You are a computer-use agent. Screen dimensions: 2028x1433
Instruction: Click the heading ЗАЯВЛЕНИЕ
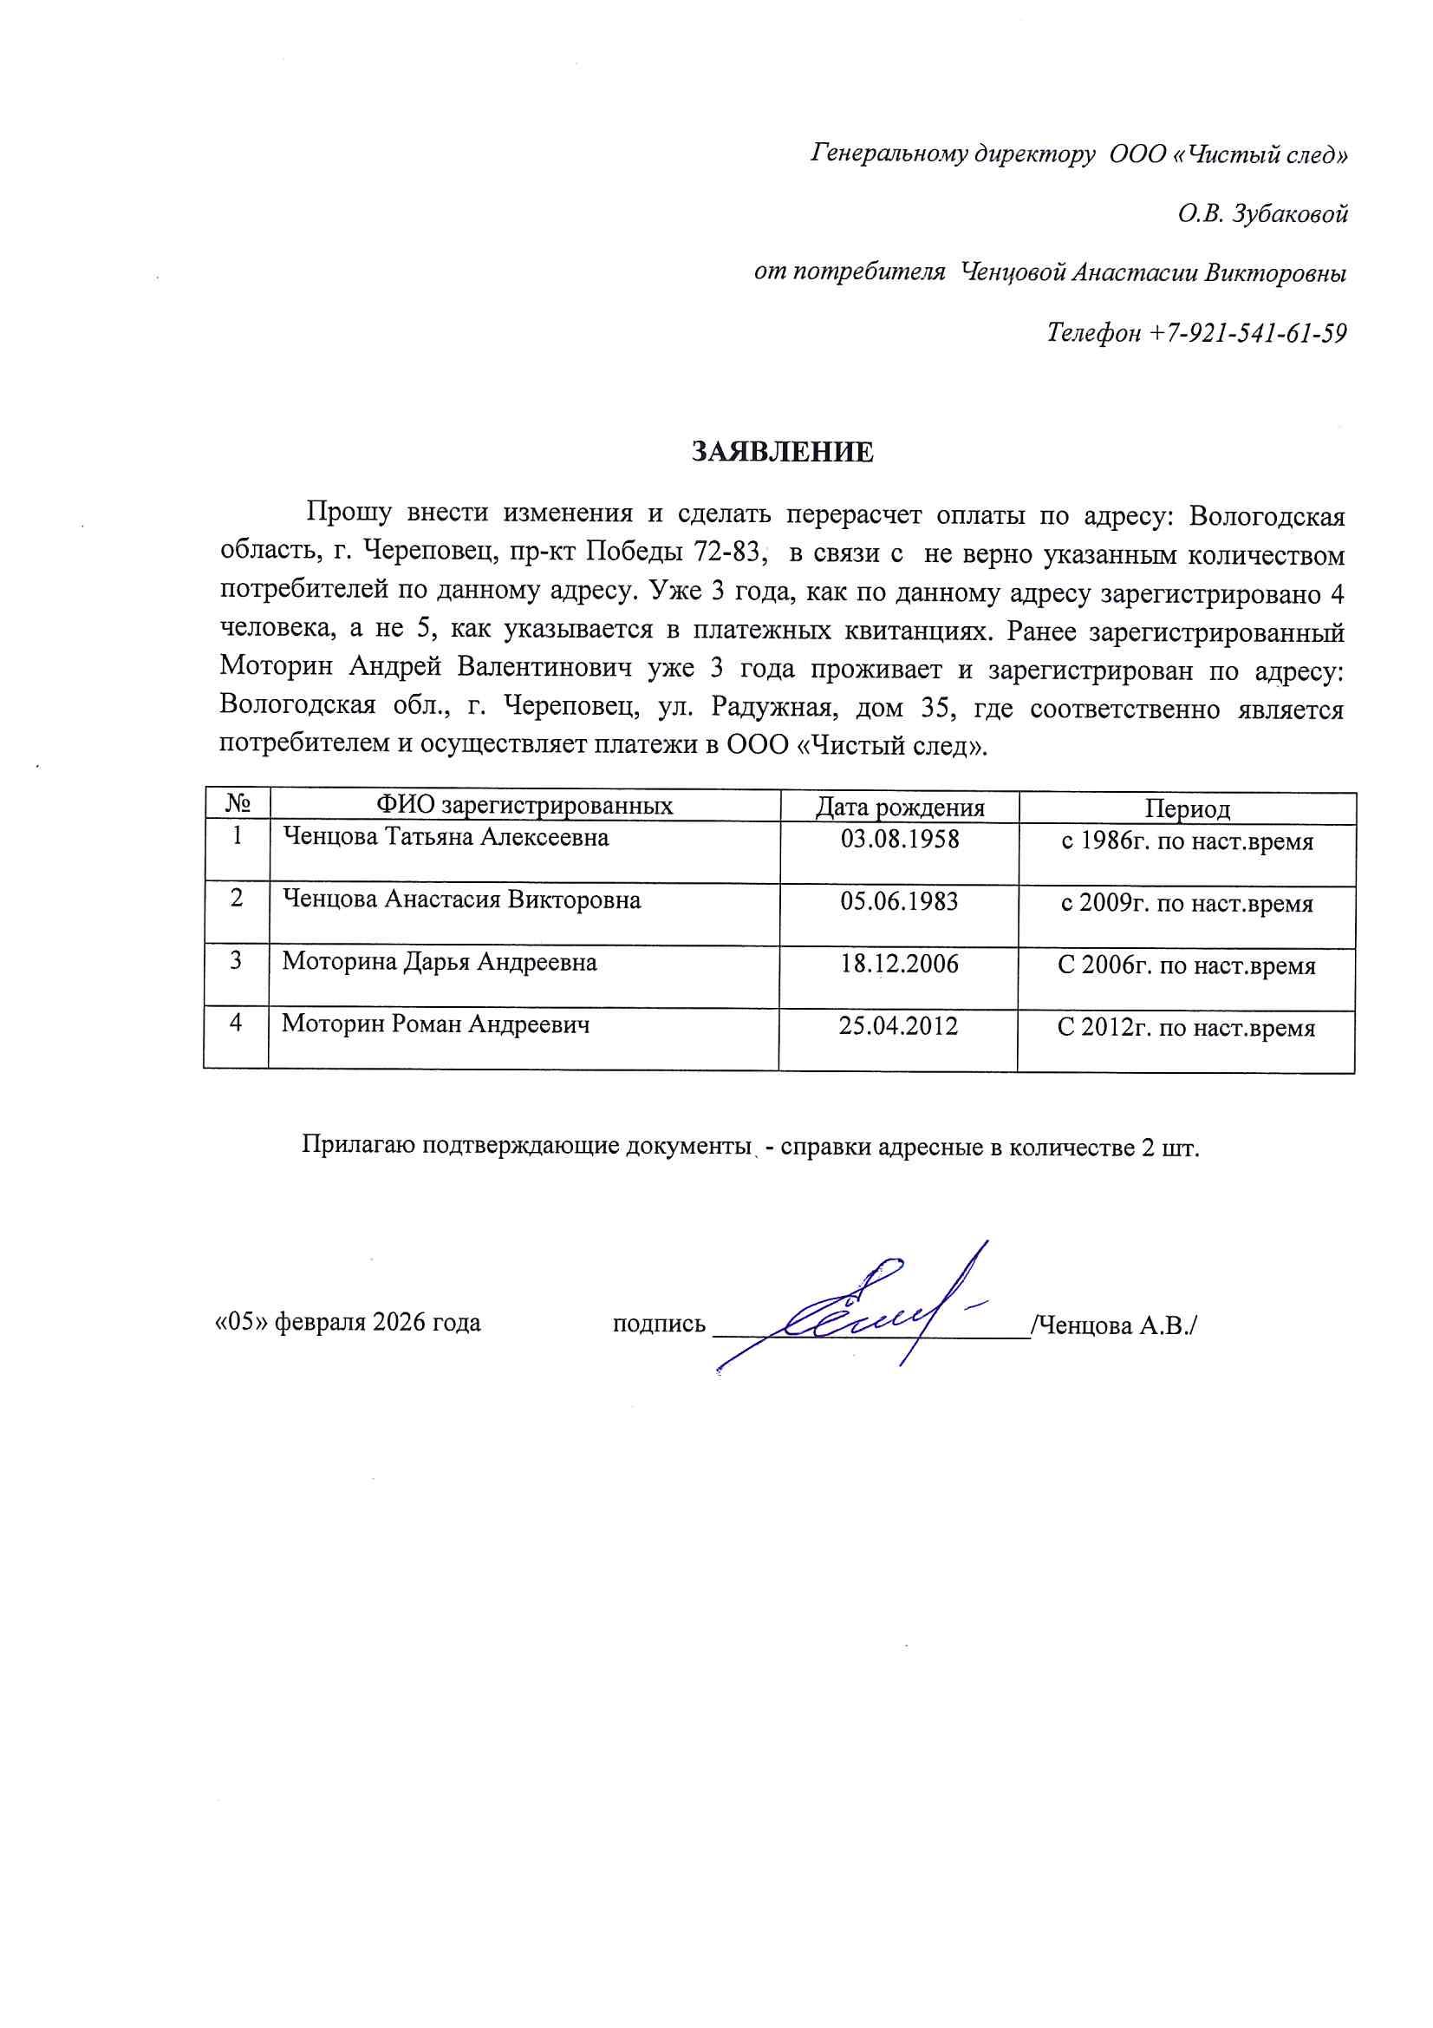click(782, 452)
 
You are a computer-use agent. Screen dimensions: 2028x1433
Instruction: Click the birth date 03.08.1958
click(899, 838)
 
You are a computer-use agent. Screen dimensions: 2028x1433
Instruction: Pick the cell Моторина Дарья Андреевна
click(440, 962)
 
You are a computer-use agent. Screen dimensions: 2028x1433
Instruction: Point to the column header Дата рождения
click(899, 808)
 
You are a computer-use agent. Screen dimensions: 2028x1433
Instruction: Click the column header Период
click(1187, 809)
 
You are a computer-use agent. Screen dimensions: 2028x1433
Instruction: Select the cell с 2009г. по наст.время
click(1187, 904)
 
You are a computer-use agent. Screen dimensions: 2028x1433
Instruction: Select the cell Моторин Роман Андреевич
click(435, 1024)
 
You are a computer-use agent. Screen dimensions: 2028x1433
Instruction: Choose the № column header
click(237, 804)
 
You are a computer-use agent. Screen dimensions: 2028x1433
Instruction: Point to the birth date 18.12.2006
click(899, 964)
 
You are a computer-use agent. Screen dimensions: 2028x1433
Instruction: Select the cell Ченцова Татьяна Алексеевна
click(445, 836)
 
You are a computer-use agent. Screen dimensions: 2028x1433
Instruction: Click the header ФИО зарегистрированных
click(524, 806)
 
